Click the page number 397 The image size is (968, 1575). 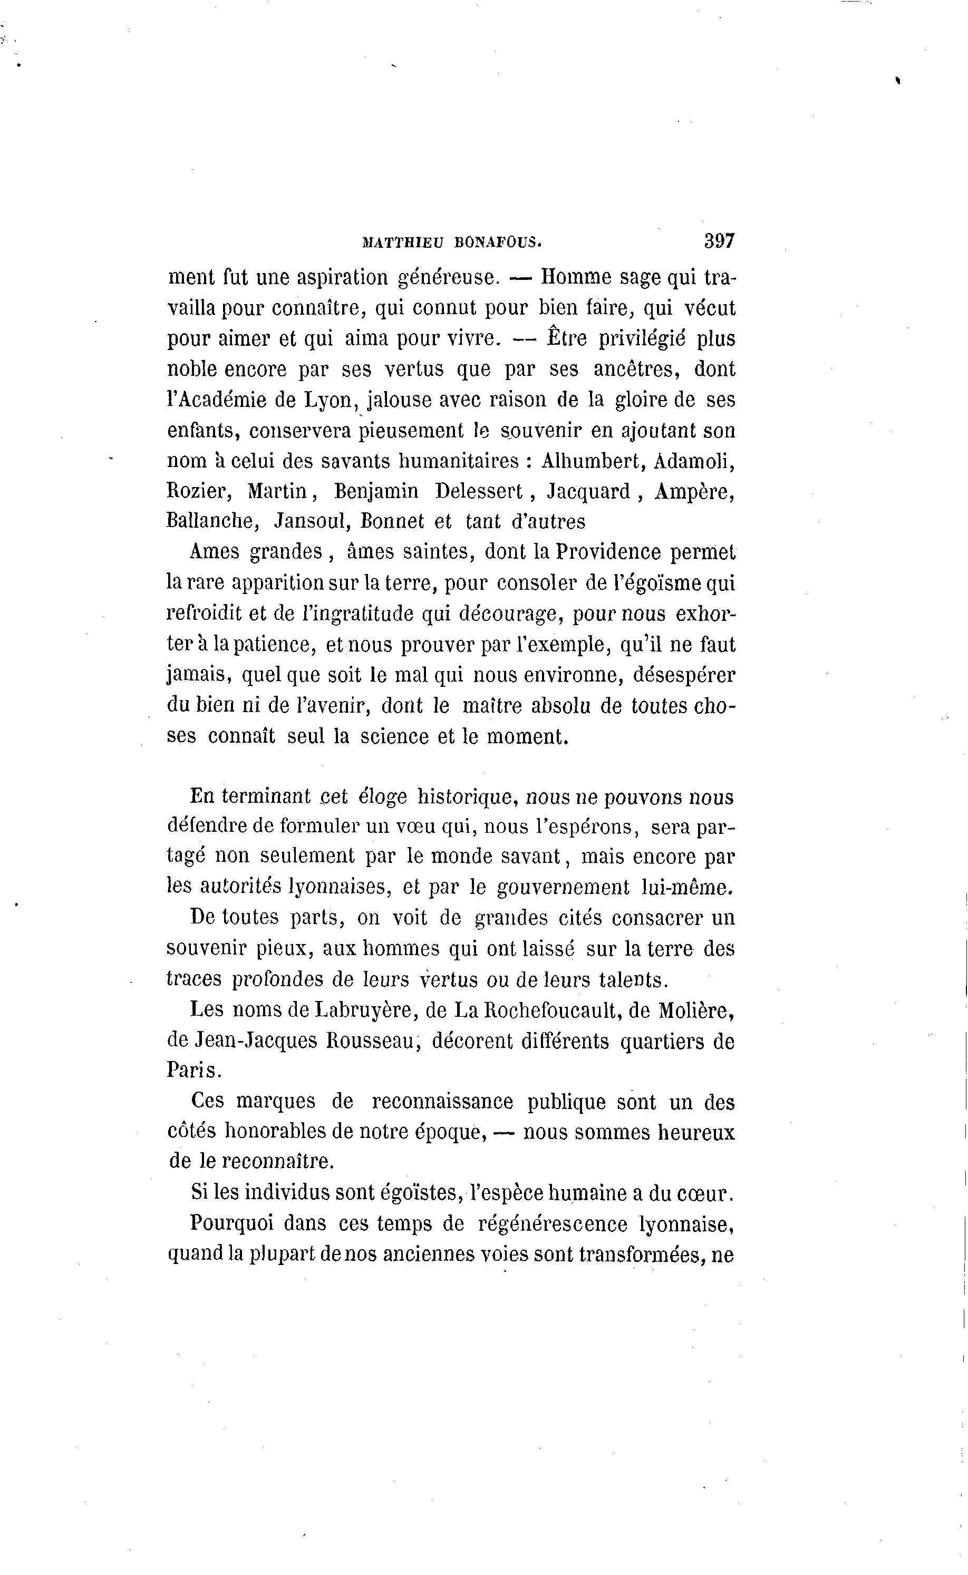coord(719,241)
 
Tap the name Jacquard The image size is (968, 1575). coord(589,491)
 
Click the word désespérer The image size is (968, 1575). coord(684,675)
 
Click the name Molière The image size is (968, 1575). coord(696,1010)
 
